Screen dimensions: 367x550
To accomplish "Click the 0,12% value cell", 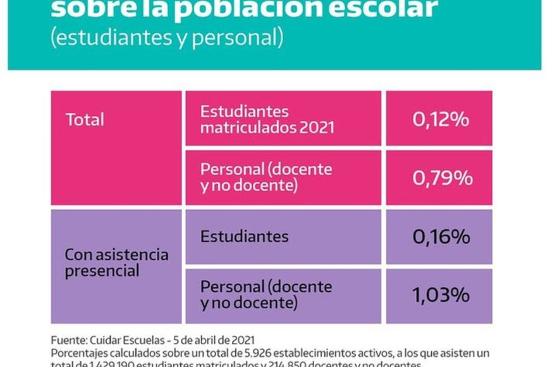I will tap(441, 119).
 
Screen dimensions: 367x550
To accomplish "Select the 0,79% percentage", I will tap(442, 178).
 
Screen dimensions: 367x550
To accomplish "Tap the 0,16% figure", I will tap(441, 237).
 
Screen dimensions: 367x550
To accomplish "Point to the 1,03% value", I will tap(441, 295).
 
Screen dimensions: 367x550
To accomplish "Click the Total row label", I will tap(85, 120).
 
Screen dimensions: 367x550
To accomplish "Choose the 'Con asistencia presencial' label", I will tap(116, 263).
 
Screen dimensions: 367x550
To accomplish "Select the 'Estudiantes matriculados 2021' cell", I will tap(267, 119).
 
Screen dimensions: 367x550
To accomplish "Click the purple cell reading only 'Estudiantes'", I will tap(244, 237).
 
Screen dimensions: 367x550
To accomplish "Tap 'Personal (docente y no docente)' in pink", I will tap(266, 178).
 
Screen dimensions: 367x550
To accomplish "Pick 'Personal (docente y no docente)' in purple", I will tap(266, 295).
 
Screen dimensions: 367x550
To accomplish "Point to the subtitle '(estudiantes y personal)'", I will tap(166, 37).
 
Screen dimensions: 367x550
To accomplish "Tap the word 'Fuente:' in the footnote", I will tap(67, 340).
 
